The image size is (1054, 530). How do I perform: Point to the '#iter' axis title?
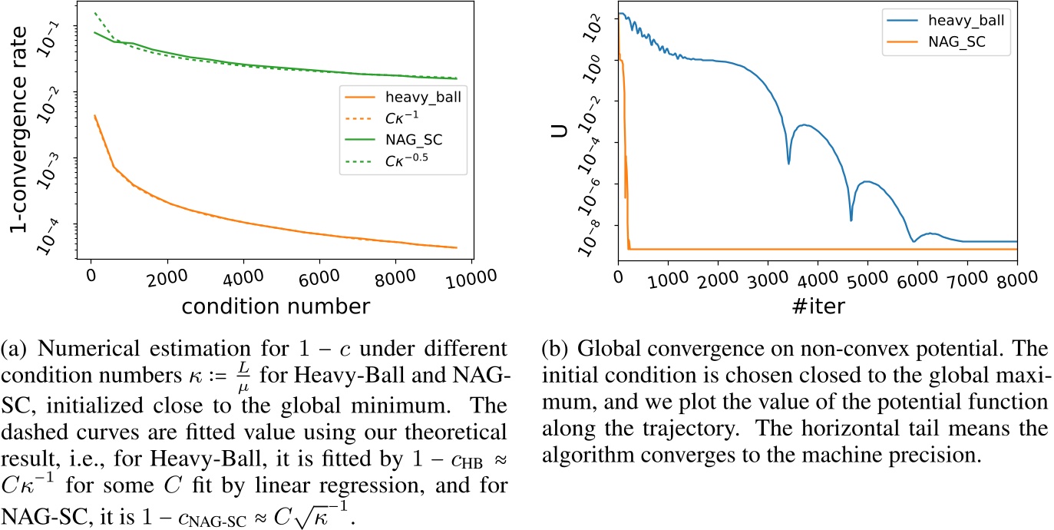pos(817,304)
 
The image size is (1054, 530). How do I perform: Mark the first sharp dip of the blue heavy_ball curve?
pos(788,163)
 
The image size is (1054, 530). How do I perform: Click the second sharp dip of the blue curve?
pos(851,220)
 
